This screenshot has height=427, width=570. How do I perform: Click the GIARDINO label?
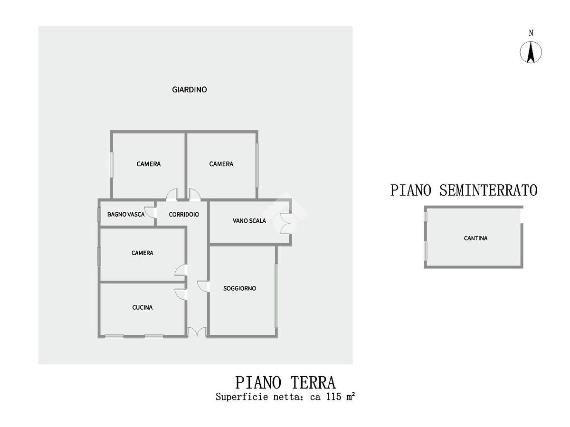click(x=189, y=89)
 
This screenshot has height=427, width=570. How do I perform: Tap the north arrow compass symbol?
click(x=531, y=52)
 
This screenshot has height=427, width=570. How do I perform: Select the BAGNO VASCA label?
click(x=126, y=214)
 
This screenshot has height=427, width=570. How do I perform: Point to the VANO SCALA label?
click(x=249, y=220)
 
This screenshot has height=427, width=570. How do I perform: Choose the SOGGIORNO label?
click(x=239, y=288)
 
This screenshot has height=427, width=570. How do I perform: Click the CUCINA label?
click(x=142, y=307)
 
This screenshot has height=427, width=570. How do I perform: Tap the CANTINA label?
click(x=475, y=238)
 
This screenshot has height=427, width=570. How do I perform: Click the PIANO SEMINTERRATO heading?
click(x=464, y=190)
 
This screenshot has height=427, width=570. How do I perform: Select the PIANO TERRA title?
click(x=285, y=382)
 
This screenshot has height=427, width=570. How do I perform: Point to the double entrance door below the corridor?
click(x=197, y=332)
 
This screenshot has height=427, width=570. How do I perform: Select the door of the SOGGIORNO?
click(x=203, y=286)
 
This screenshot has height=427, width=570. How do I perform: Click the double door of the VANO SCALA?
click(x=286, y=222)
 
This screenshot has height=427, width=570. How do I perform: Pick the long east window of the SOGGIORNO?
click(x=276, y=295)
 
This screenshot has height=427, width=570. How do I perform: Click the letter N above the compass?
click(x=531, y=33)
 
